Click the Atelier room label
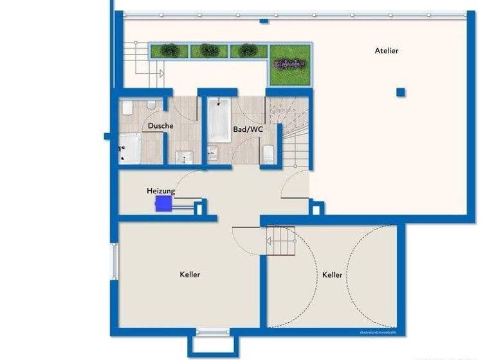387,50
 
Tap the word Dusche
160,125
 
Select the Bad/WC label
248,129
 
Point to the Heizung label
161,191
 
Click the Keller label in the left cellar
190,274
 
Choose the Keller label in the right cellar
332,274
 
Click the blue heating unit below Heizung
164,204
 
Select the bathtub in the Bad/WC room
219,120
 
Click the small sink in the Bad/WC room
213,152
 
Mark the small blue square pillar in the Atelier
401,92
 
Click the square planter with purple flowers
289,64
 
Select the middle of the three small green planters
209,50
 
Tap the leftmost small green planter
170,50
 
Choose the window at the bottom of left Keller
212,332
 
